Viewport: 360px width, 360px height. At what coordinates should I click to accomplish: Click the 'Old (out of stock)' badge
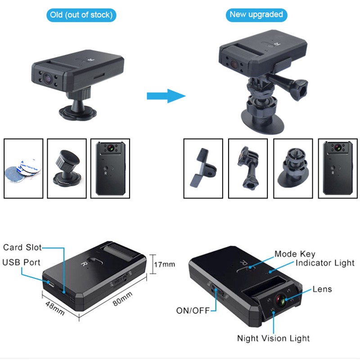click(81, 15)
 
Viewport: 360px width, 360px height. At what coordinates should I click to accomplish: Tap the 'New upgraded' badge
click(256, 14)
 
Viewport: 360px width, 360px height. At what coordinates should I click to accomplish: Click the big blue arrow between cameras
click(166, 95)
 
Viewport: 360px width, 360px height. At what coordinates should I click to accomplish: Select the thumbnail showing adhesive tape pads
click(23, 168)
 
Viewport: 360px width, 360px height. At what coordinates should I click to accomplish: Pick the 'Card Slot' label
click(22, 247)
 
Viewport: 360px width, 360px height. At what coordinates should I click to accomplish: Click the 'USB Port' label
click(21, 262)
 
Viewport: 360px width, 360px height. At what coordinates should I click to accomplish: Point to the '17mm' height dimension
click(164, 264)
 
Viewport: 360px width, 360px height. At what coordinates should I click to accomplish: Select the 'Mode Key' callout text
click(295, 254)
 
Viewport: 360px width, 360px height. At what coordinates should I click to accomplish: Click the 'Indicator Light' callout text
click(325, 263)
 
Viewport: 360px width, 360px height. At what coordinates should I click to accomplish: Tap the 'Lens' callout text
click(322, 289)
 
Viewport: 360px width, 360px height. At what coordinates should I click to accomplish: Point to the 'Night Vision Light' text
click(274, 338)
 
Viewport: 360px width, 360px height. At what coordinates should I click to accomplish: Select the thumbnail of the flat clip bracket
click(203, 168)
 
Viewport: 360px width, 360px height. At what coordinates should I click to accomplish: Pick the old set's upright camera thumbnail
click(110, 168)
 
